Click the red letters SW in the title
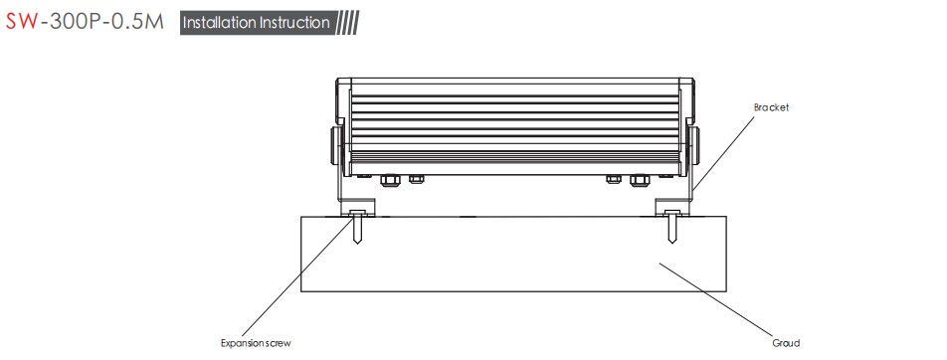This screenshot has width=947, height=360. coord(22,22)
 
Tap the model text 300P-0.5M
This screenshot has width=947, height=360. coord(105,22)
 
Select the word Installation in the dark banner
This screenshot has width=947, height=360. coord(219,23)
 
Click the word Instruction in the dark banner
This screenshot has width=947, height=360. coord(294,23)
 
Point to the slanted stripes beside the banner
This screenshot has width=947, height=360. coord(347,23)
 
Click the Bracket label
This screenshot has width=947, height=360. coord(771,107)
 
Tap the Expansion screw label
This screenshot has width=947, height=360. coord(256,344)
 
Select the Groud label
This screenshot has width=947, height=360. coord(786,343)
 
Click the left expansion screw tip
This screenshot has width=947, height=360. coord(358,243)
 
